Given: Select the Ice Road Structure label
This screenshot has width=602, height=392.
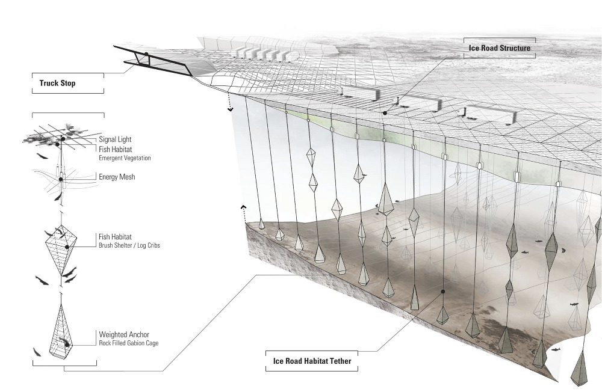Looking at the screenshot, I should (499, 46).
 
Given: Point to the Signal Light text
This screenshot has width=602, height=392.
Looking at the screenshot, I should (116, 139).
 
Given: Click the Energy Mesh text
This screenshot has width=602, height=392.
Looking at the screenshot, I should (118, 177).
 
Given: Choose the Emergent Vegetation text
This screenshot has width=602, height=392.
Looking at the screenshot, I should (125, 158).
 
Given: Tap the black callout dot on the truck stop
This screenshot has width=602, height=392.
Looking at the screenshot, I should (146, 54).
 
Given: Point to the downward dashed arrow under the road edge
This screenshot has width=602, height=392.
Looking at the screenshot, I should (230, 107).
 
